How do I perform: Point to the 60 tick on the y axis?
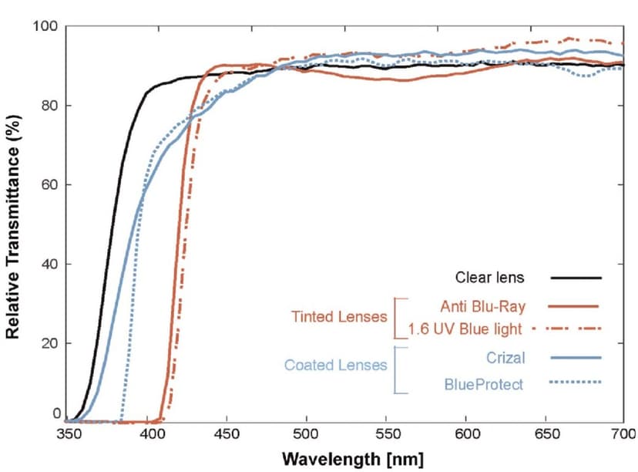(x=49, y=185)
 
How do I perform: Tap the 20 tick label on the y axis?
(x=49, y=342)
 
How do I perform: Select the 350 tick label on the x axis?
(x=69, y=436)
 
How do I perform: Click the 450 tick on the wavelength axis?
(x=227, y=436)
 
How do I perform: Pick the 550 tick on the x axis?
(x=385, y=436)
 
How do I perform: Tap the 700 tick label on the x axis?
(x=622, y=436)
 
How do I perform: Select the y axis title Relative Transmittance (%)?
(x=13, y=224)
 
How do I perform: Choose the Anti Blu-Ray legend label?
(x=484, y=306)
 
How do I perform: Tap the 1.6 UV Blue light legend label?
(x=466, y=329)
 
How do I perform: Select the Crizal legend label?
(x=506, y=357)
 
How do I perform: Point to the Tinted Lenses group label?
(x=340, y=317)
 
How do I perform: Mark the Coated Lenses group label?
(x=335, y=365)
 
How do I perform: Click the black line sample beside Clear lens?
(x=576, y=278)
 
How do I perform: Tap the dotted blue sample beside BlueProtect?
(x=576, y=382)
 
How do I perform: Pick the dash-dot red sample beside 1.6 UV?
(x=576, y=329)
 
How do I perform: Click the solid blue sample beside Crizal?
(x=576, y=357)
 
